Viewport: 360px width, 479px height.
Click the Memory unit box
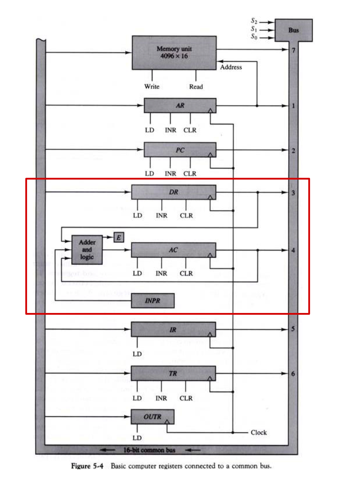click(174, 53)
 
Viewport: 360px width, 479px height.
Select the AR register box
click(180, 106)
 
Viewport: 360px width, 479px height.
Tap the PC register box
click(180, 150)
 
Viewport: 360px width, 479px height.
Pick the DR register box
click(174, 192)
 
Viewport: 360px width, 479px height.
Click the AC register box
click(174, 250)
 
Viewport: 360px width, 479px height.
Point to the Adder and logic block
click(87, 250)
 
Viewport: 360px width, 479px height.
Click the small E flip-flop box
click(119, 237)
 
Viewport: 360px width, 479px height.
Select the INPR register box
click(153, 301)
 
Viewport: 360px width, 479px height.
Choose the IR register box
click(173, 330)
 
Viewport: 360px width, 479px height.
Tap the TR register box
click(173, 373)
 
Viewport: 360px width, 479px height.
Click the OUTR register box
click(153, 417)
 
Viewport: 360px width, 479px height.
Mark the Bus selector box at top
click(293, 30)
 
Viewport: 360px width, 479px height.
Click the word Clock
click(259, 433)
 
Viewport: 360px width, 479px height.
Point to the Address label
click(231, 67)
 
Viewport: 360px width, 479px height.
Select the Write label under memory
click(152, 86)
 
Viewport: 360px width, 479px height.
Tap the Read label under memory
click(196, 87)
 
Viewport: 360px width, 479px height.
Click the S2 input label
click(254, 21)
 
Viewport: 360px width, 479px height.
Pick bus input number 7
click(293, 50)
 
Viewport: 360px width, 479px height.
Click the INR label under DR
click(162, 215)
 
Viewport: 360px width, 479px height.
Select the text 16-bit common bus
click(149, 450)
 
